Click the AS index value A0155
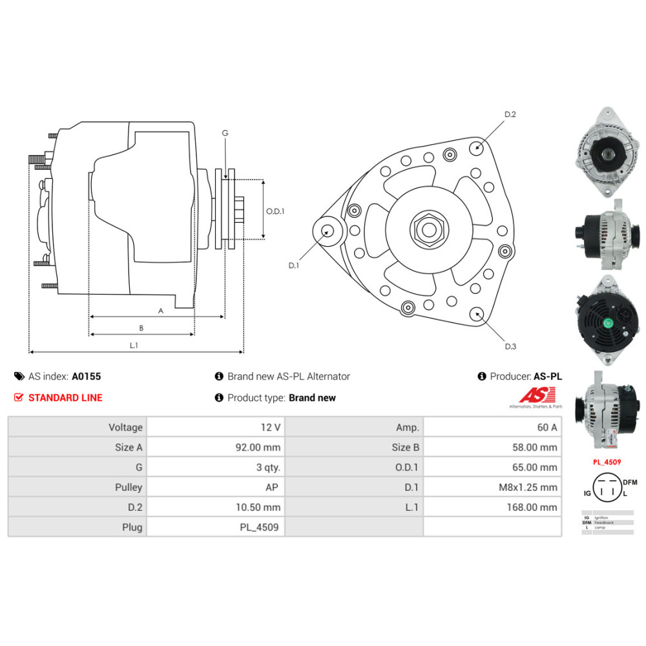click(86, 376)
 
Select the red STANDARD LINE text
click(65, 398)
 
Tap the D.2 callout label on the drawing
click(510, 114)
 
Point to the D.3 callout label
click(510, 346)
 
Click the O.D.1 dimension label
click(276, 211)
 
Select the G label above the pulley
click(225, 133)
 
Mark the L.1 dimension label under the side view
click(134, 346)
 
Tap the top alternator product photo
click(605, 154)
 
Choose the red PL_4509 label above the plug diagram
click(607, 463)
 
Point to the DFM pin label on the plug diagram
click(630, 481)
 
